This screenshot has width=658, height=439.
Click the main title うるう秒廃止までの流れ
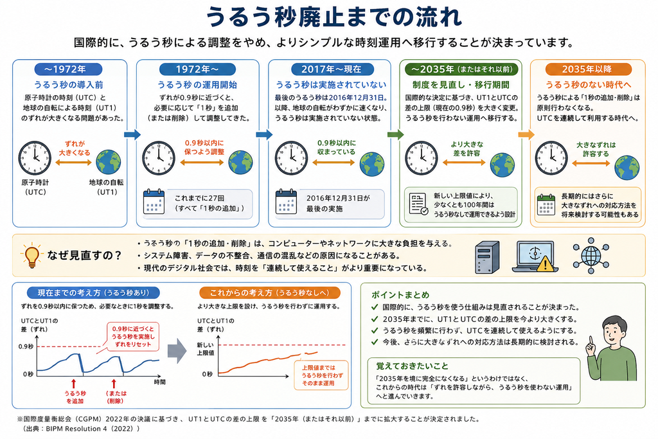point(334,17)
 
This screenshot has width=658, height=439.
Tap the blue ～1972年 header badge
point(68,69)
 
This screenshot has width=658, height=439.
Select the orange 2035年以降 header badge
point(589,69)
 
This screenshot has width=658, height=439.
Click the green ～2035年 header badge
point(461,69)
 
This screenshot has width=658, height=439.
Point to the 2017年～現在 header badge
point(331,69)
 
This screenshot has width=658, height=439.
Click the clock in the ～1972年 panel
point(35,158)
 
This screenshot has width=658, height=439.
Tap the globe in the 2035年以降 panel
point(627,167)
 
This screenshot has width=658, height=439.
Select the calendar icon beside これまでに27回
point(154,202)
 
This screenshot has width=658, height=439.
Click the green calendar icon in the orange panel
point(546,204)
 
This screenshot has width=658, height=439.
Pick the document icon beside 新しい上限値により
point(418,204)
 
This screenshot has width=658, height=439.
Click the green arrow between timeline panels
point(395,135)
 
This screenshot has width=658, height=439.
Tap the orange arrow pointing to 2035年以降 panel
point(526,135)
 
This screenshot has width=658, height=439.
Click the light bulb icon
point(32,255)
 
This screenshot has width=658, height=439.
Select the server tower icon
point(487,257)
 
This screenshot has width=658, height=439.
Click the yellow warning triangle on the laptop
point(545,264)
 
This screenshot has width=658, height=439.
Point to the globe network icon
point(591,256)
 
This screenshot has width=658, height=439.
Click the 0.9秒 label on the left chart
point(26,346)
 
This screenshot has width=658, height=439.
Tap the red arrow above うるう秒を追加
point(74,384)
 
